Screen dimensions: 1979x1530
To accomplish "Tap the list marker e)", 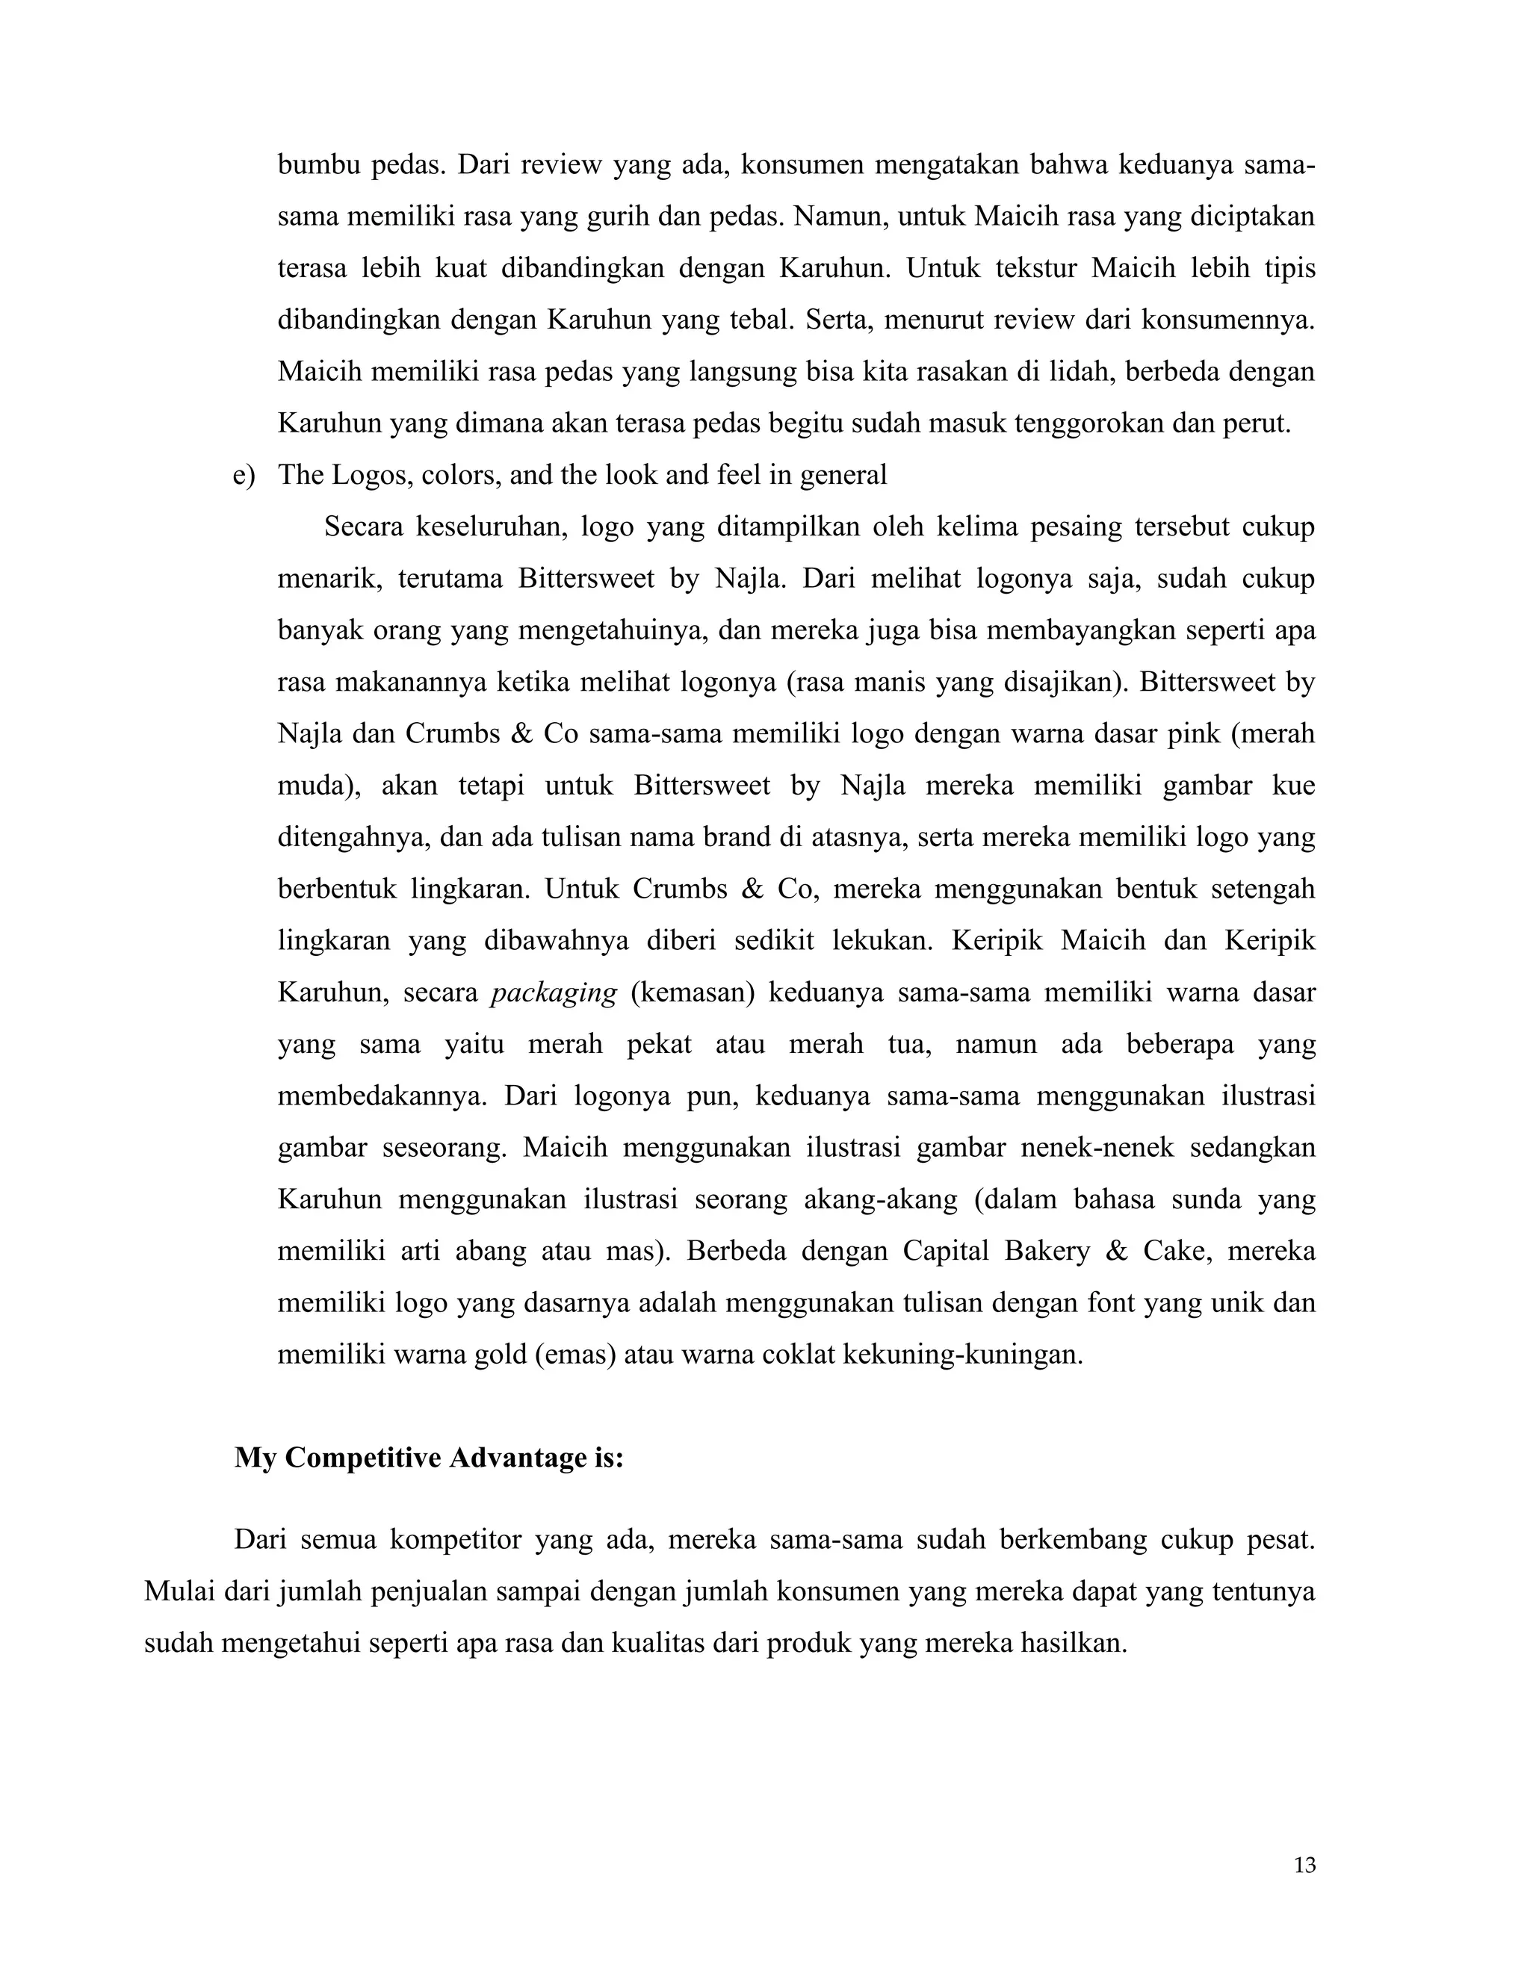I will pos(244,475).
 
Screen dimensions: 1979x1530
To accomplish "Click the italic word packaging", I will pos(554,993).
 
